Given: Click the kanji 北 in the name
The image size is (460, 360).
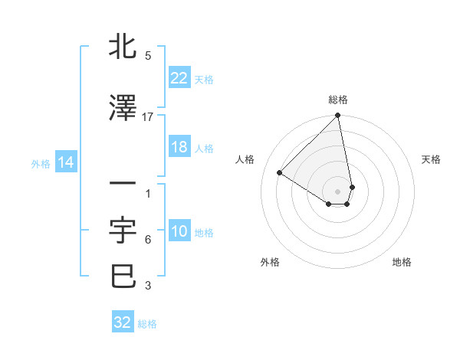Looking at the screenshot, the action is coord(123,47).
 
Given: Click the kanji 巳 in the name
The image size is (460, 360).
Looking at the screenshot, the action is coord(123,276).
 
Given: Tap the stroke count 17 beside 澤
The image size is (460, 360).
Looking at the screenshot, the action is coord(148,116).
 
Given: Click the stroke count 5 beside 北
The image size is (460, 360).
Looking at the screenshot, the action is coord(148,56).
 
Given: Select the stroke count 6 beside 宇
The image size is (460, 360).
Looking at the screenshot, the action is coord(148,240).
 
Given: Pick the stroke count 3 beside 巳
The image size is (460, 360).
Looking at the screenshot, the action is coord(148,286).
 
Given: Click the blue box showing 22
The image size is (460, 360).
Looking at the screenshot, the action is coord(179,78).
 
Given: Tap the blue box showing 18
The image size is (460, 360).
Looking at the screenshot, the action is coord(179,147).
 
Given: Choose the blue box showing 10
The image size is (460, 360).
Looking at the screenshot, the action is coord(179,232).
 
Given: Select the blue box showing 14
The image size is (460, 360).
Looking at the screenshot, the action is coord(65,162).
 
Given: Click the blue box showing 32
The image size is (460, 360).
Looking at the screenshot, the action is coord(123,322).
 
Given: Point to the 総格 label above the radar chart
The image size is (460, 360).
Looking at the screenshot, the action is coord(338,100).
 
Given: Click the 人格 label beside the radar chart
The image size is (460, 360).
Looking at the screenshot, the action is coord(245,159).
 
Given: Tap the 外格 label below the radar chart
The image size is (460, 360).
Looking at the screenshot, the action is coord(270,263).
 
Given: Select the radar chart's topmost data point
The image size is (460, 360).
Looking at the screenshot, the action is coord(337,116).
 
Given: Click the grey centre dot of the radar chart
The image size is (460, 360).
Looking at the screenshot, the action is coord(338,191).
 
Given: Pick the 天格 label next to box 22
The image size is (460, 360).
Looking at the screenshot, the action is coord(204,79).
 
